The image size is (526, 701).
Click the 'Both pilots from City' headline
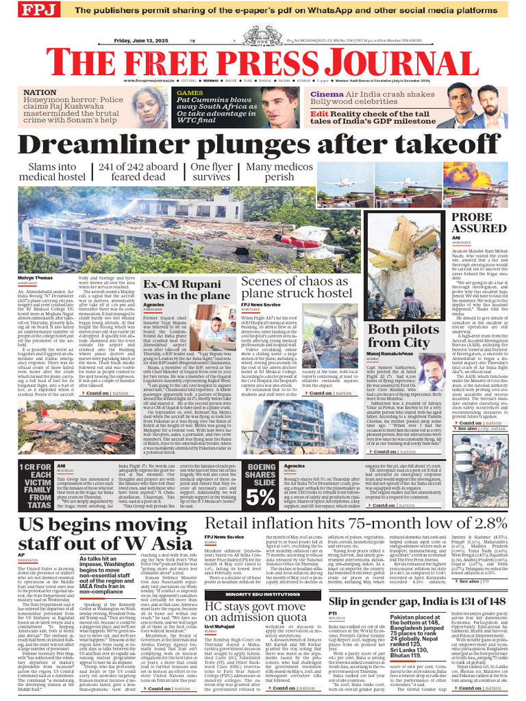click(x=399, y=336)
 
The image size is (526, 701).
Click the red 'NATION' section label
click(x=40, y=92)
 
